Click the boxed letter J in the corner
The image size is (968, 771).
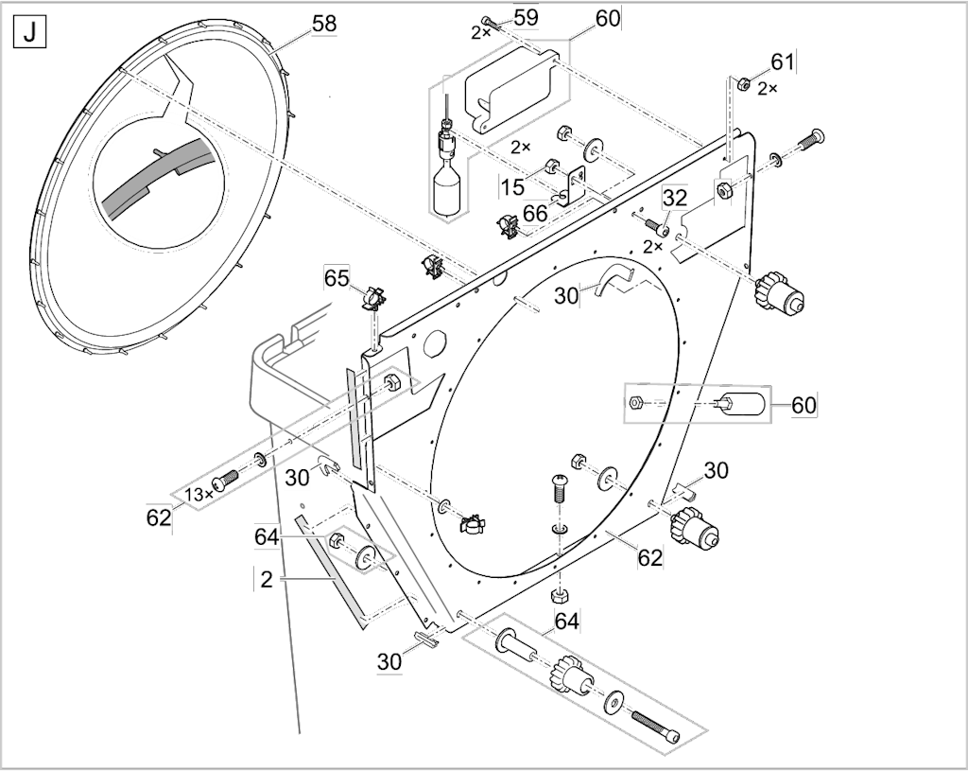click(29, 33)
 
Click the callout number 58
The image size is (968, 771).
click(324, 24)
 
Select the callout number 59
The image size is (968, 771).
click(526, 17)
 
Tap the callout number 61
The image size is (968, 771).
click(782, 61)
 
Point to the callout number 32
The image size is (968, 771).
click(675, 198)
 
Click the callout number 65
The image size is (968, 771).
click(337, 279)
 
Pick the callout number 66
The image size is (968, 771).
click(535, 213)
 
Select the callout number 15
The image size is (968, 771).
click(512, 186)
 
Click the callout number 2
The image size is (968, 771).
click(267, 580)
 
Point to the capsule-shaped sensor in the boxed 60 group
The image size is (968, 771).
click(743, 404)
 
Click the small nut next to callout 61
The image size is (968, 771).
click(745, 82)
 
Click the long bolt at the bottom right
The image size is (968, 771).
click(656, 727)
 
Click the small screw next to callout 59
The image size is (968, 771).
click(492, 23)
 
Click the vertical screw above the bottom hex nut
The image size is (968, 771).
click(558, 492)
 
